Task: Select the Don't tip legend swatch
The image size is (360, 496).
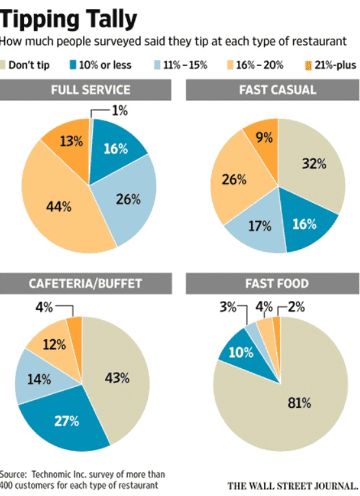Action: tap(6, 65)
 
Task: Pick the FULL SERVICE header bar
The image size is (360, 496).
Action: tap(90, 90)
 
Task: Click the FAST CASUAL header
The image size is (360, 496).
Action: tap(272, 90)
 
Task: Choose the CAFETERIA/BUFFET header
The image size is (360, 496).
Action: tap(90, 283)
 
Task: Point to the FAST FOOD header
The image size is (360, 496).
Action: tap(272, 283)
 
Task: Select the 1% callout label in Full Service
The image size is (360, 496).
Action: tap(119, 111)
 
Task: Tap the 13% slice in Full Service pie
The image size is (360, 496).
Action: tap(70, 141)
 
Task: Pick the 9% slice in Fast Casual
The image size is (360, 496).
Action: tap(263, 137)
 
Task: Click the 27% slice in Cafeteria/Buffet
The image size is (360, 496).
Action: tap(66, 421)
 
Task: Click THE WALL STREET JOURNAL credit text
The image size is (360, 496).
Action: tap(293, 484)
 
